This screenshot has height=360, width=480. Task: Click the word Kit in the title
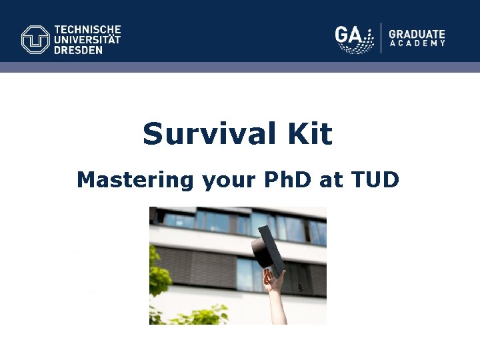click(310, 134)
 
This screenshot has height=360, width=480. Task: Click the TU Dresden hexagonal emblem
click(35, 39)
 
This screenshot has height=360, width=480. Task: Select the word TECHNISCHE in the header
click(87, 30)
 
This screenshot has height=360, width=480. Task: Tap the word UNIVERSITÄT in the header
click(87, 39)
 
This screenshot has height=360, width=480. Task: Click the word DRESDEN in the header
click(79, 49)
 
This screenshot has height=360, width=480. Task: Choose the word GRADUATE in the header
click(417, 34)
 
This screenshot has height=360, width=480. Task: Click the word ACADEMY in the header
click(417, 44)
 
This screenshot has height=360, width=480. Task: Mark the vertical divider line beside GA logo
click(381, 37)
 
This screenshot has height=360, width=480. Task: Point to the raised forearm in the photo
click(277, 307)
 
